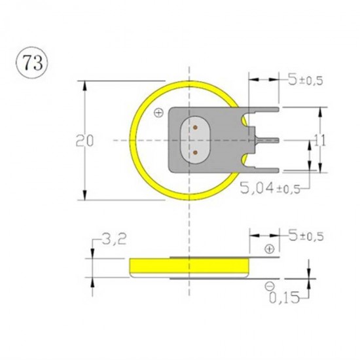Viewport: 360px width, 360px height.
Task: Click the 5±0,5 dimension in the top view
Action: (306, 79)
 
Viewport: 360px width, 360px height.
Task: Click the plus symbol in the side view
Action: (269, 249)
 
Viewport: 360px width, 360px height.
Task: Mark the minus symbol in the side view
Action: (269, 286)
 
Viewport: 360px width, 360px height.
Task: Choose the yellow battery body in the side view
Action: (190, 267)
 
